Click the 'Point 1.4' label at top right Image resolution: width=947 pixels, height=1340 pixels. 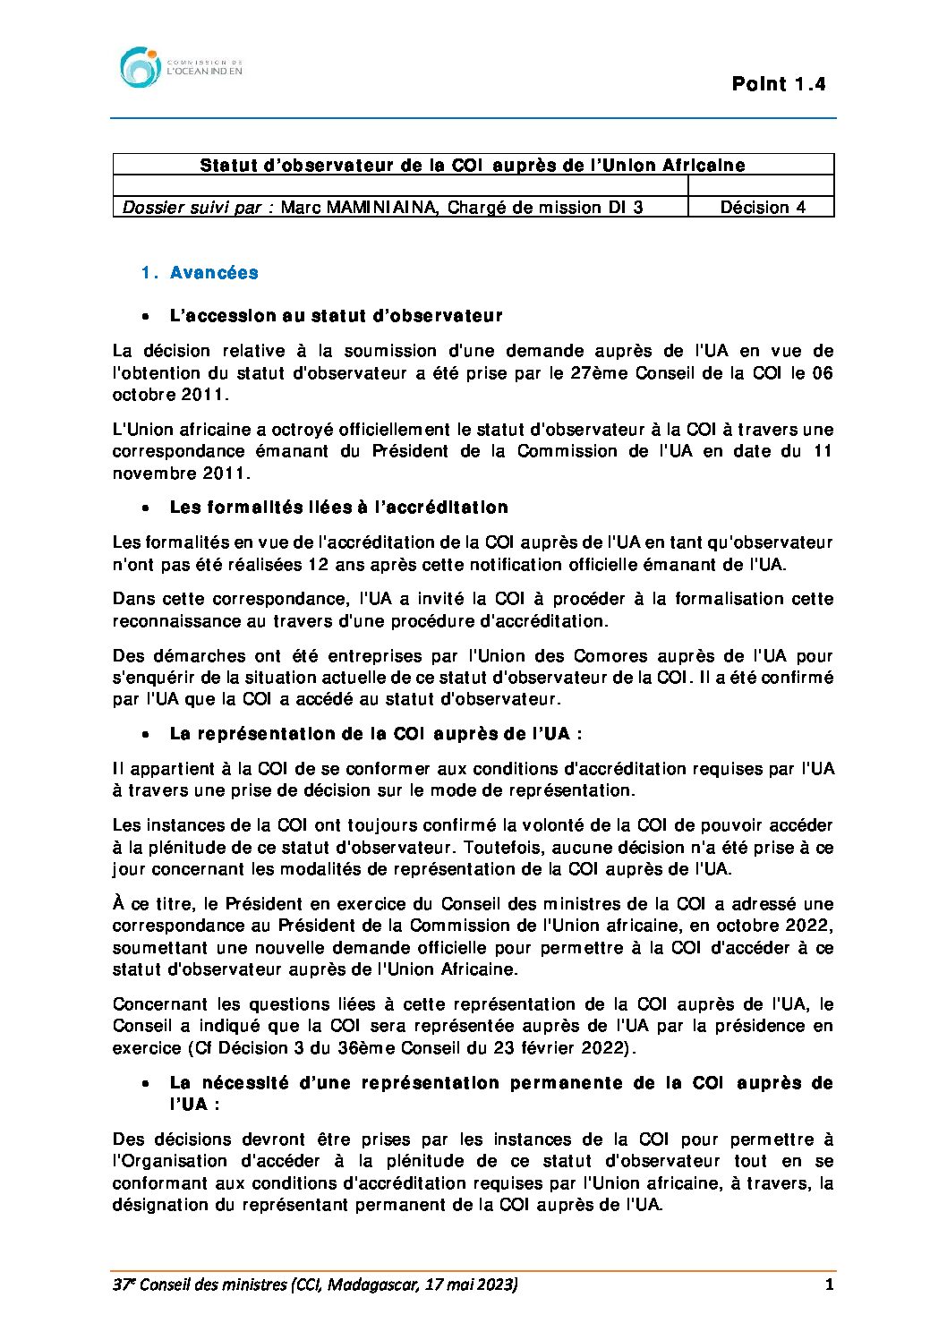point(778,84)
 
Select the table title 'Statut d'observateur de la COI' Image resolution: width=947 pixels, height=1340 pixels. point(473,165)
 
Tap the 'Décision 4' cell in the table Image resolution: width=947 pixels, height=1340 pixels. point(762,208)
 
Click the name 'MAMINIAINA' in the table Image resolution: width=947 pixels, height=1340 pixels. point(380,208)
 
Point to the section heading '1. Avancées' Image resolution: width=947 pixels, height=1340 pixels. point(200,273)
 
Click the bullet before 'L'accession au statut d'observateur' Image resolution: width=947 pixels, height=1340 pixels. point(144,317)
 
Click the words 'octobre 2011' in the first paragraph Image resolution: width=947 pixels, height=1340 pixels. point(169,395)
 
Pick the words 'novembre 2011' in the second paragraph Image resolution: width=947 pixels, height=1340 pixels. point(180,474)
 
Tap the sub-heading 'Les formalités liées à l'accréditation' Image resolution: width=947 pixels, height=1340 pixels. point(338,508)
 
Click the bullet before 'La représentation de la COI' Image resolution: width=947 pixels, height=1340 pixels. point(144,735)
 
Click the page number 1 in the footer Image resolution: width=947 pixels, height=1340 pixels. point(829,1285)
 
